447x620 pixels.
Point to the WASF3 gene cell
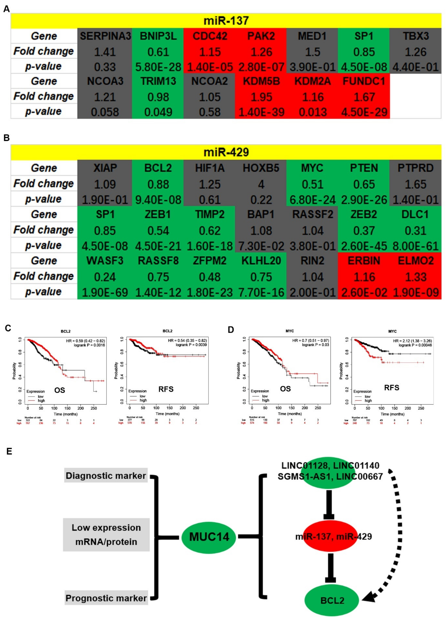[105, 261]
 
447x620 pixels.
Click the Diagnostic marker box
[106, 476]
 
